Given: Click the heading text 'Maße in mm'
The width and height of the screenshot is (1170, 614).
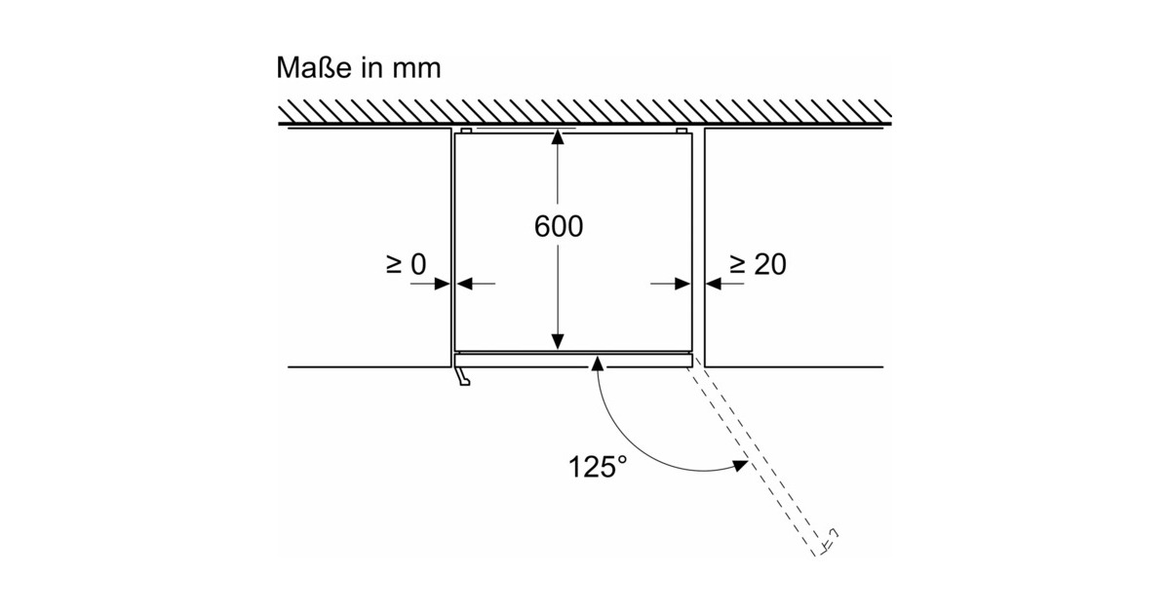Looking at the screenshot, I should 359,68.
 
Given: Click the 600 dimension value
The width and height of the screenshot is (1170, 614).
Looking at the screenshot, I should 559,226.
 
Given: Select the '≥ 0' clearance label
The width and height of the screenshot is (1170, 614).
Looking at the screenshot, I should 406,264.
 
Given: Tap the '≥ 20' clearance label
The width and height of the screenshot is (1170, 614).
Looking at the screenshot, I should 758,264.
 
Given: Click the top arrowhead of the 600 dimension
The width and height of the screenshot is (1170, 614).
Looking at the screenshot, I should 558,138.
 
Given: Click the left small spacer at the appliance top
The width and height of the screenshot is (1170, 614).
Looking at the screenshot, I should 466,130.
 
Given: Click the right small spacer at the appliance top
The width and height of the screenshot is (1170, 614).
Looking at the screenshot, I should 682,130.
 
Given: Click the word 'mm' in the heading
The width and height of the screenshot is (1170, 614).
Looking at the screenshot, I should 416,69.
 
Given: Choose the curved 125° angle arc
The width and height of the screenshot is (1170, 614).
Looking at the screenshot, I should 624,440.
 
